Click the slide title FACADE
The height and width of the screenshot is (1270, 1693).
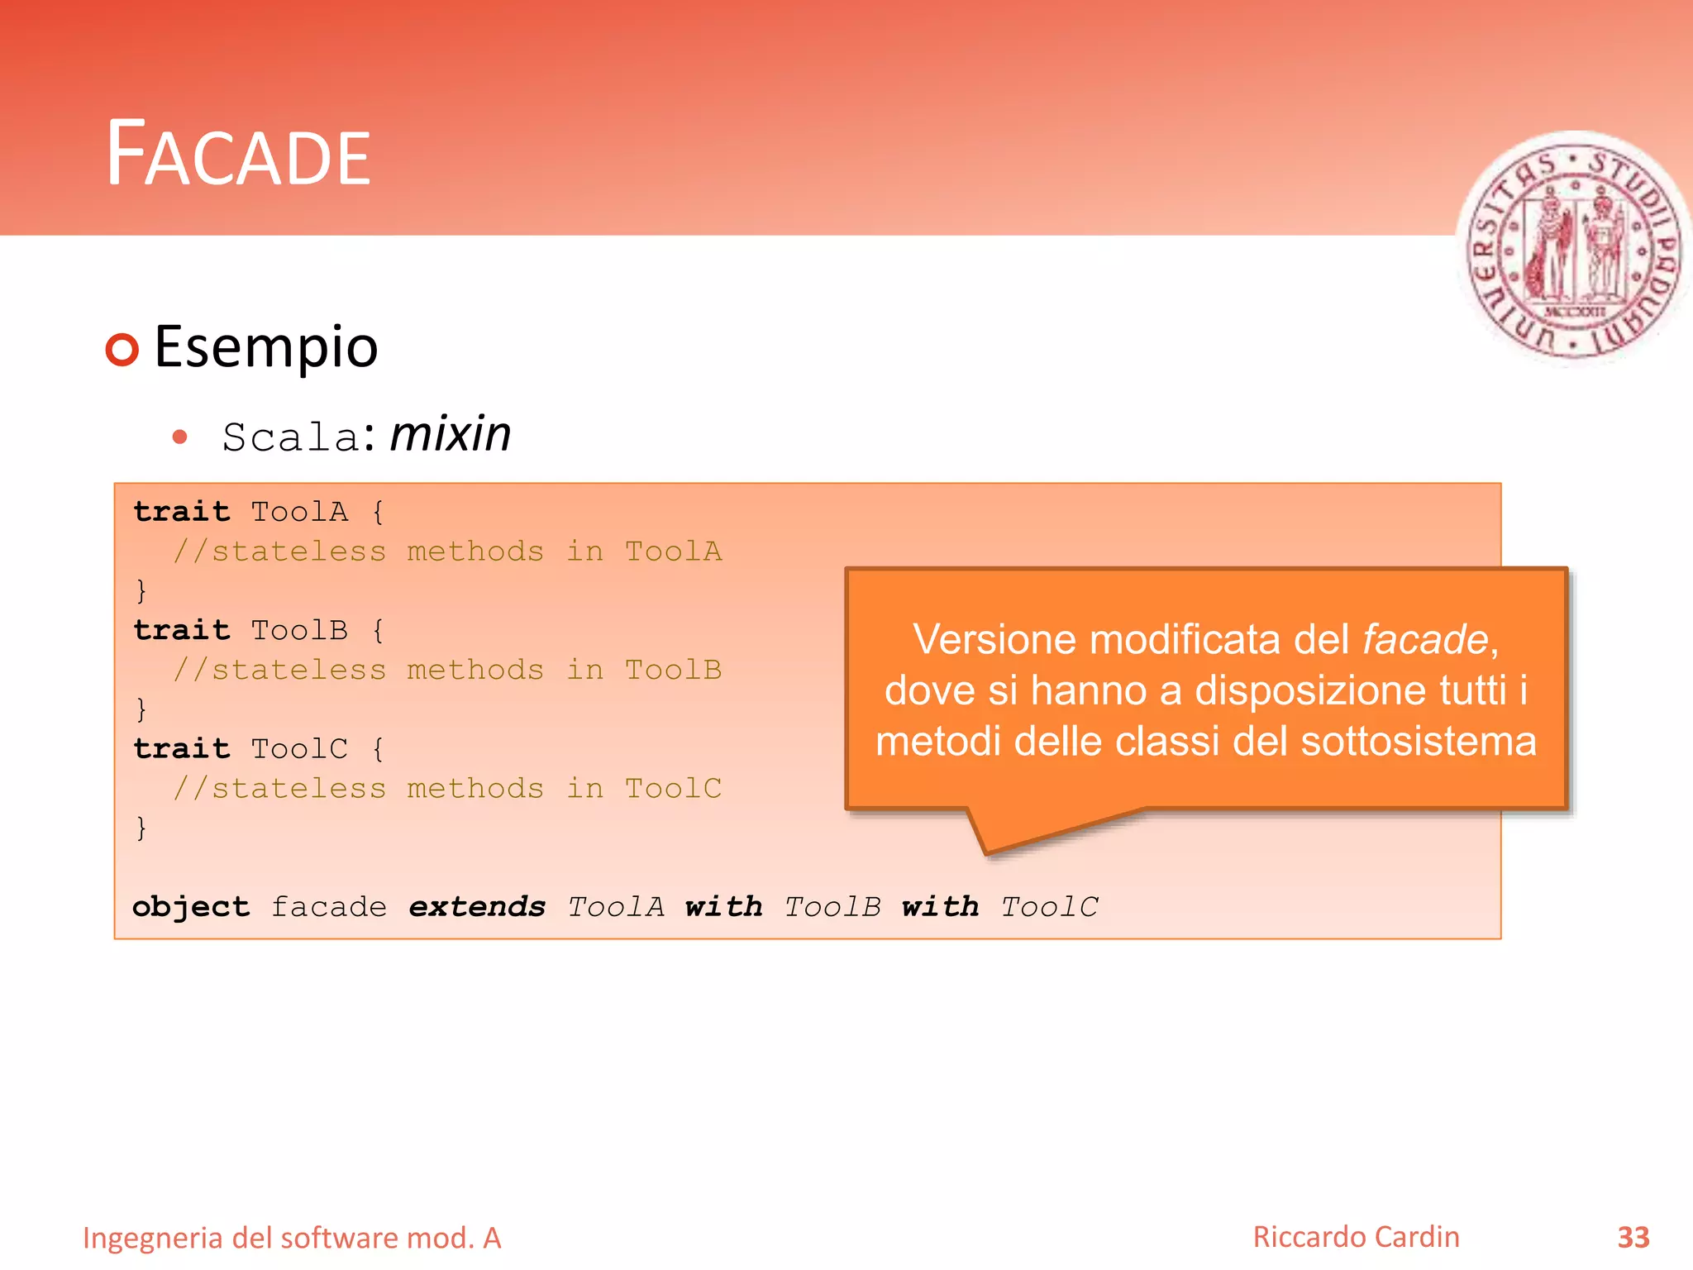coord(239,155)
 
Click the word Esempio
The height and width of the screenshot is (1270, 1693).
coord(266,347)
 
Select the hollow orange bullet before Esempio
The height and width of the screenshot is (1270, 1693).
coord(122,350)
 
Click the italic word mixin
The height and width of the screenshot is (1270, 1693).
coord(451,434)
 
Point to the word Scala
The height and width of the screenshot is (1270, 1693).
coord(290,437)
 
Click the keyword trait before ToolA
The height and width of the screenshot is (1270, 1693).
coord(182,512)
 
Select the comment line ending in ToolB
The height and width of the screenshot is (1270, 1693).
coord(447,670)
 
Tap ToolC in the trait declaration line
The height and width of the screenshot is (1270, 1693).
coord(299,749)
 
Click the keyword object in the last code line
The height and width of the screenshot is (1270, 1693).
coord(191,907)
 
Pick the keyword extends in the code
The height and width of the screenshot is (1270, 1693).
coord(477,907)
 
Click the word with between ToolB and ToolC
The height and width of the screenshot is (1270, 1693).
coord(940,907)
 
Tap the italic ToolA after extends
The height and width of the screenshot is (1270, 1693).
coord(616,907)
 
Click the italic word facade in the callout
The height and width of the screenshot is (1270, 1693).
coord(1425,640)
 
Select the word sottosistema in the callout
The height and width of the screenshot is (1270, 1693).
coord(1419,742)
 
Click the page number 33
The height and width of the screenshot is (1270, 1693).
coord(1633,1238)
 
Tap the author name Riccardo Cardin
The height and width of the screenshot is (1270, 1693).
coord(1356,1237)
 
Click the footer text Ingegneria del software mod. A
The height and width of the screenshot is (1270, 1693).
coord(292,1239)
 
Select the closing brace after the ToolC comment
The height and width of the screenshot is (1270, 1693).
coord(141,828)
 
